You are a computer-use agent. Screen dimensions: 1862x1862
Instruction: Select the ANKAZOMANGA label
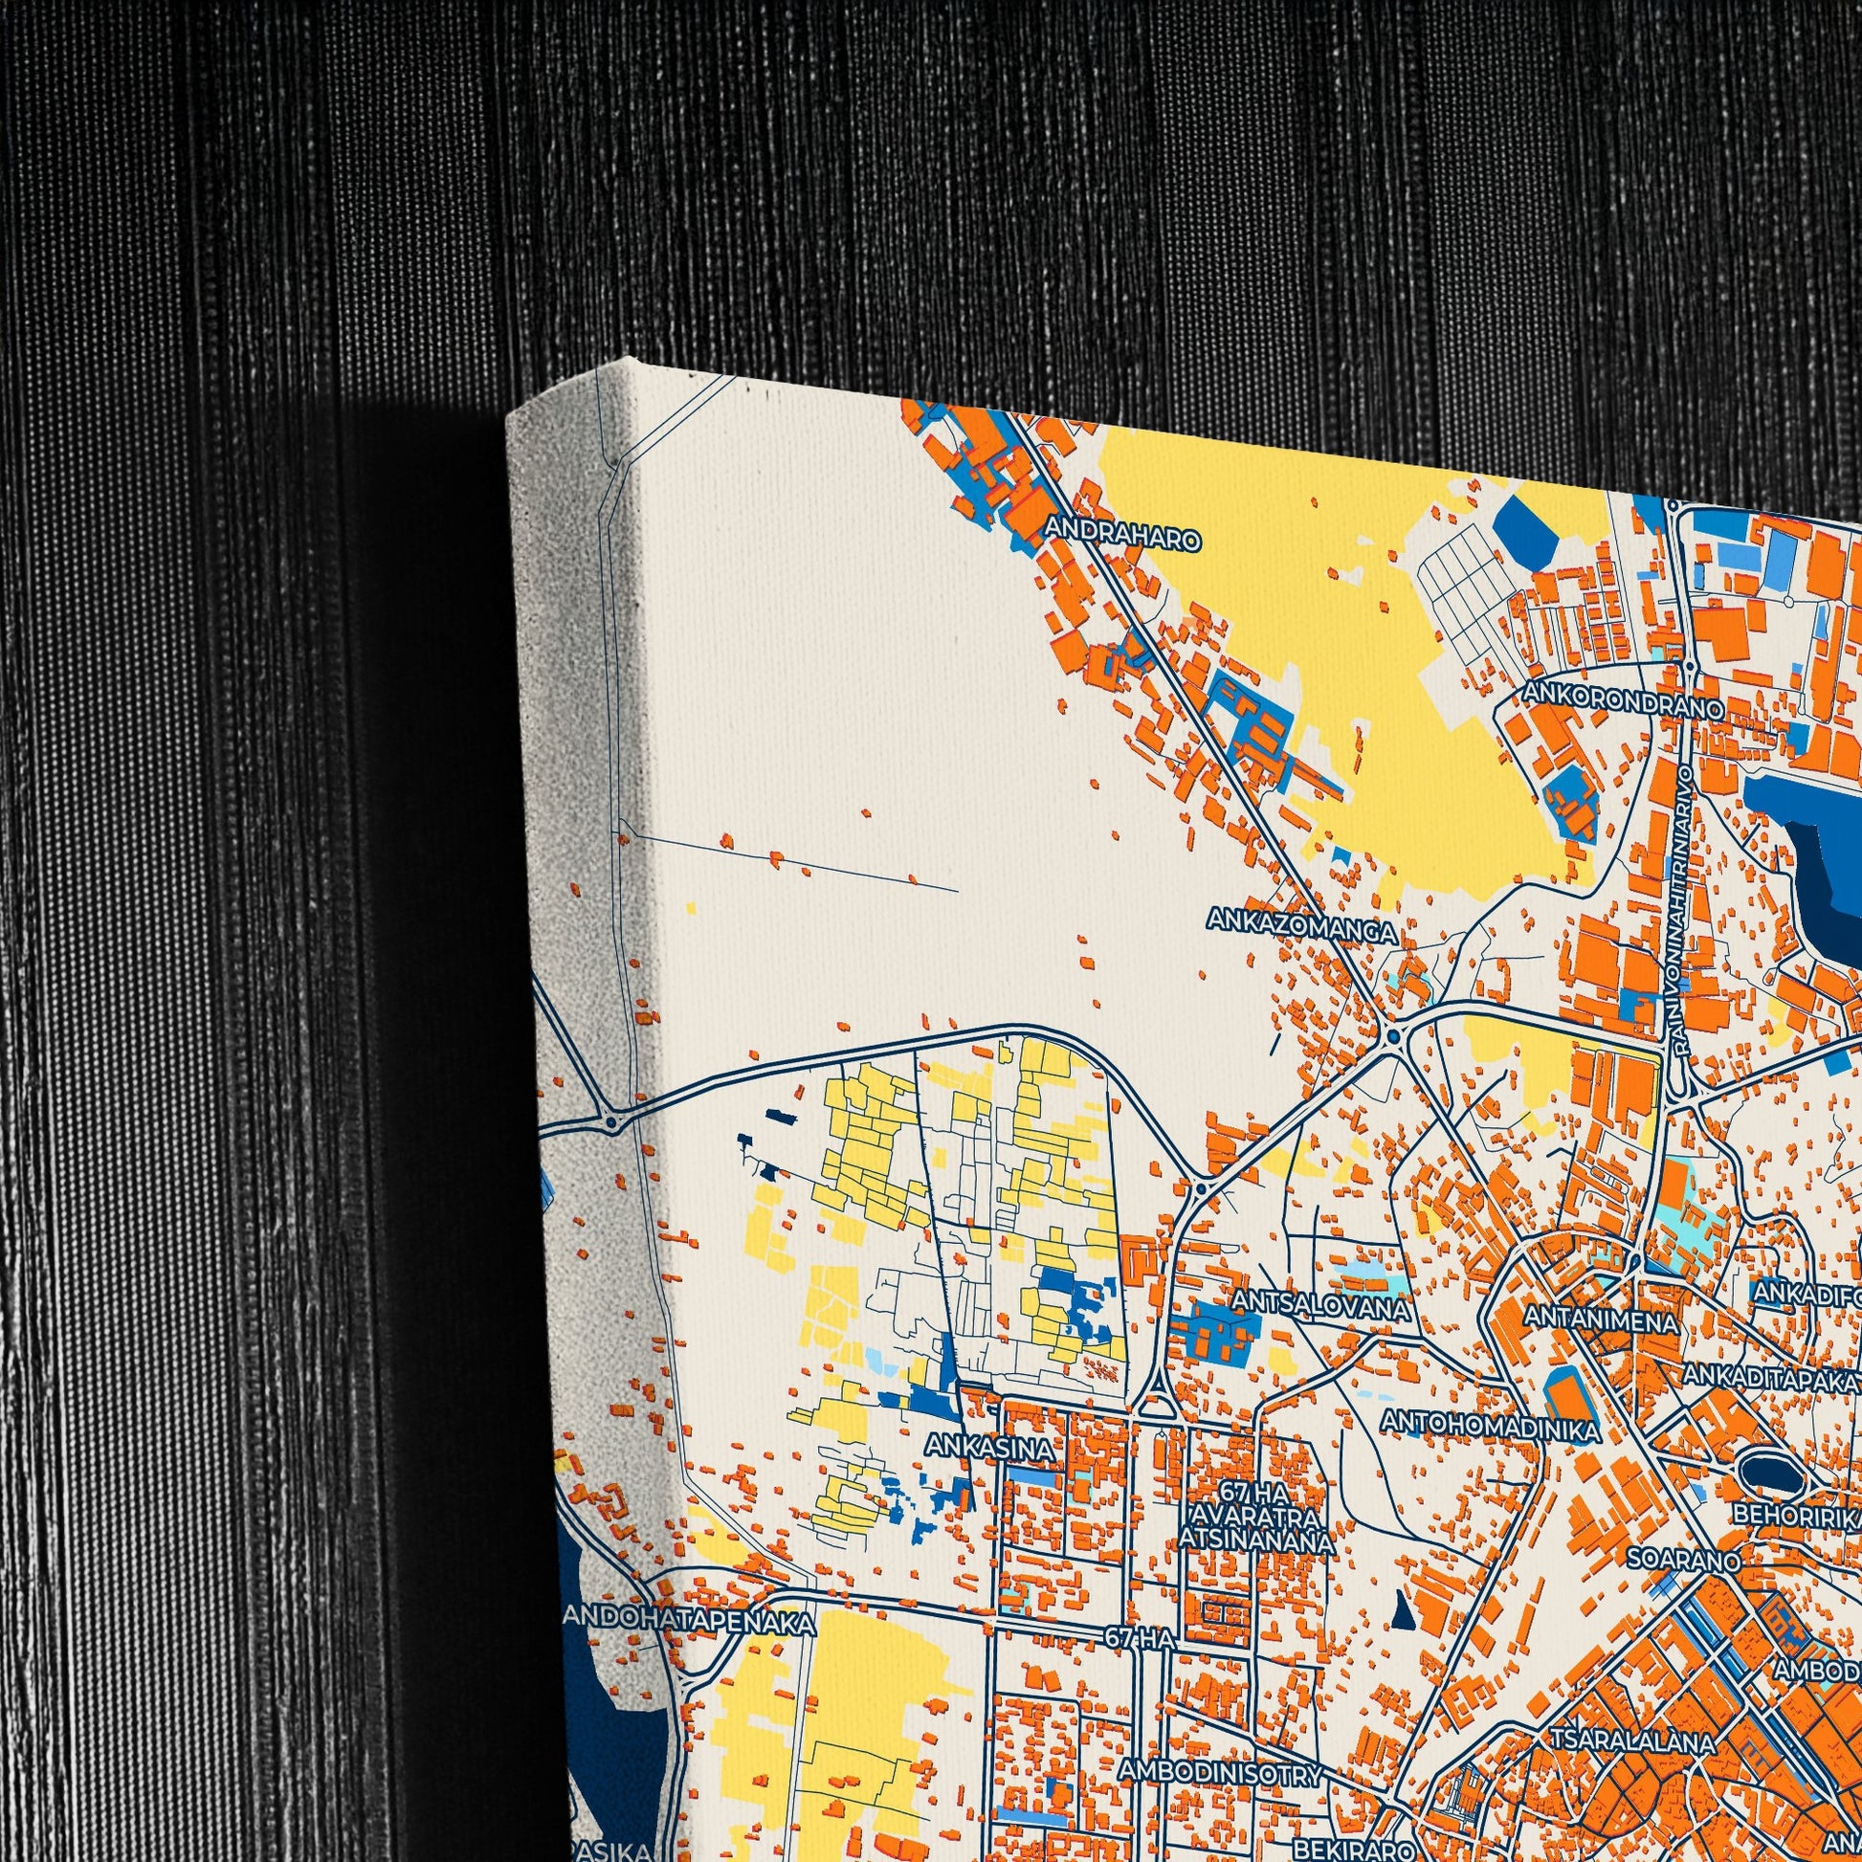(1301, 932)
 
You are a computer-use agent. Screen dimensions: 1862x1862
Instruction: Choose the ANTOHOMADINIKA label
(1490, 1422)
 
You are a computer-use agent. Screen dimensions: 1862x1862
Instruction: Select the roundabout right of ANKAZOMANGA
(1394, 1037)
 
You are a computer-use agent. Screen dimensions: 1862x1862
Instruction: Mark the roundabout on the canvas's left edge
(610, 1122)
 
